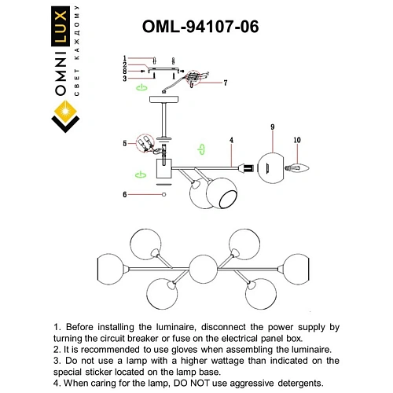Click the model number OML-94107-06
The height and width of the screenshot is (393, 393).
click(x=200, y=26)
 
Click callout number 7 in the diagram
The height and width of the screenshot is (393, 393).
click(x=225, y=83)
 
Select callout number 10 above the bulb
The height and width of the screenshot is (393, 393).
click(x=296, y=141)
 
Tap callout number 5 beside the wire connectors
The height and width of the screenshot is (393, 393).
click(x=124, y=143)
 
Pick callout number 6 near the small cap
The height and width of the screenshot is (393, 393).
click(x=124, y=193)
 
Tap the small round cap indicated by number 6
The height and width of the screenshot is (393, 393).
click(x=163, y=193)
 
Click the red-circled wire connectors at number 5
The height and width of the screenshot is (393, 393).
click(x=145, y=143)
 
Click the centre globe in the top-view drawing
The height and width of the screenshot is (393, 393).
click(x=203, y=269)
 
